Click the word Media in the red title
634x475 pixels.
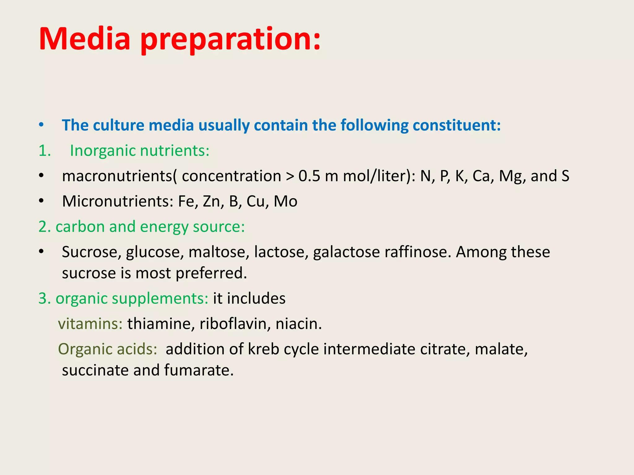click(x=85, y=39)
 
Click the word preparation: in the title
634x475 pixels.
click(x=231, y=40)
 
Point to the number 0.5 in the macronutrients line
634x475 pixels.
click(x=309, y=176)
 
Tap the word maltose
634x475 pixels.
click(x=219, y=252)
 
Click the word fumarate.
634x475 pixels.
click(x=199, y=370)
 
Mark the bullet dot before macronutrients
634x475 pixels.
click(x=41, y=176)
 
